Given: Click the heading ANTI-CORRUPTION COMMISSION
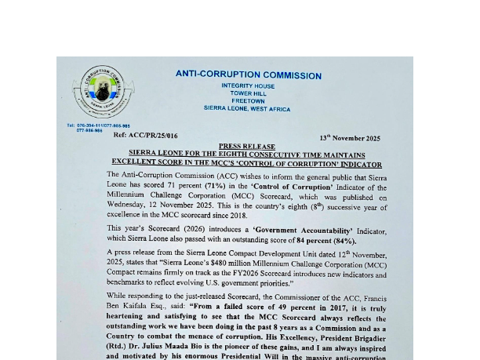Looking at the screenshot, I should coord(248,75).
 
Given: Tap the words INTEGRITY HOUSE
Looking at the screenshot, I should coord(248,85).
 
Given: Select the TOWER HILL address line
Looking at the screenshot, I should coord(248,93).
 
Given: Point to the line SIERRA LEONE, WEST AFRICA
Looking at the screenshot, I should coord(247,109).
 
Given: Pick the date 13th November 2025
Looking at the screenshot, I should coord(350,138).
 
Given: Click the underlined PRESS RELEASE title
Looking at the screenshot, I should coord(247,147).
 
